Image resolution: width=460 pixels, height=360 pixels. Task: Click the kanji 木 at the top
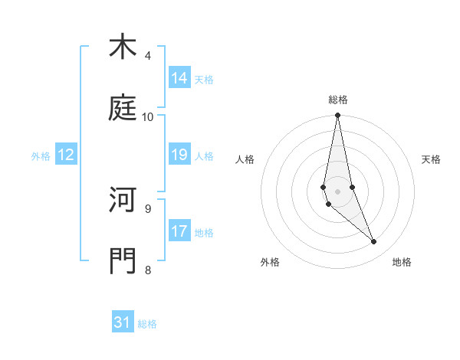click(x=123, y=47)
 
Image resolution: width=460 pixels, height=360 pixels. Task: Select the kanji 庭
click(x=123, y=108)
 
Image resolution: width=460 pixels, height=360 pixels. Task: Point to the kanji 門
click(x=123, y=260)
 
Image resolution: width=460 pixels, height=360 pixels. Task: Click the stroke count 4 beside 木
click(x=148, y=55)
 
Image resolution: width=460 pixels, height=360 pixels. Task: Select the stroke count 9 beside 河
click(x=148, y=208)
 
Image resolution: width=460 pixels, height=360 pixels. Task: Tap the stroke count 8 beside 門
click(x=148, y=269)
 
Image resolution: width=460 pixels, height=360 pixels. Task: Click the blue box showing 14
click(x=179, y=78)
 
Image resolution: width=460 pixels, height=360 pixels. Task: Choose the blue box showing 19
click(x=179, y=155)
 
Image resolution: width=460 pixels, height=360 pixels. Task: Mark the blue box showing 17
click(x=179, y=231)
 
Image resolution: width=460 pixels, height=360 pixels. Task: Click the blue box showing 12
click(x=66, y=155)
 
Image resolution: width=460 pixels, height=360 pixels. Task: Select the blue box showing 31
click(x=123, y=322)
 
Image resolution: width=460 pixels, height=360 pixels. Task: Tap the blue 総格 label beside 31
click(x=147, y=324)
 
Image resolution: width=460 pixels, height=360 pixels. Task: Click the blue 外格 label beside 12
click(x=41, y=156)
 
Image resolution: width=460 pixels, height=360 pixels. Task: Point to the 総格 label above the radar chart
click(x=338, y=100)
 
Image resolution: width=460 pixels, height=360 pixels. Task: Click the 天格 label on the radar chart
click(x=432, y=159)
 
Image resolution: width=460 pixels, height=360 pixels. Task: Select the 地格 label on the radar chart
click(x=402, y=262)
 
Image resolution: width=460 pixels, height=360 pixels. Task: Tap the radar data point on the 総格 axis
click(x=338, y=116)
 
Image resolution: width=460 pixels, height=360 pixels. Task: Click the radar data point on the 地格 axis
click(x=374, y=242)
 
